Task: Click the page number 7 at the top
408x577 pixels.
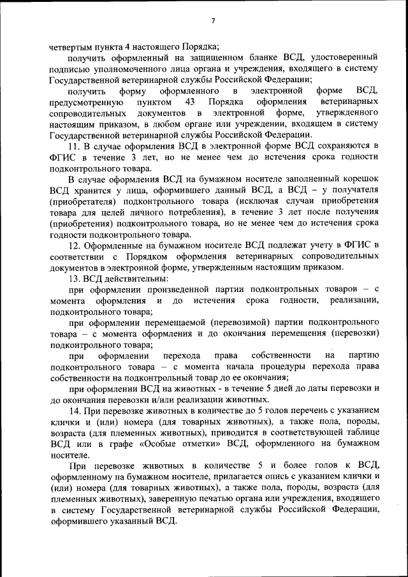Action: [213, 21]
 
